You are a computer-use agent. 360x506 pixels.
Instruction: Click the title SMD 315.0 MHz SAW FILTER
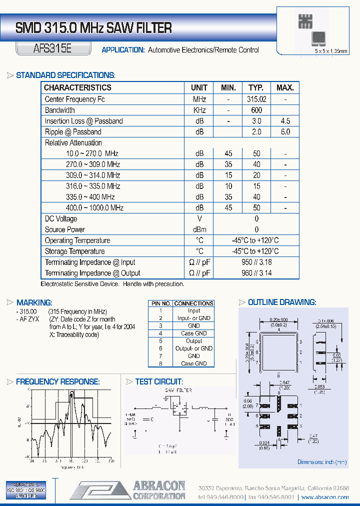(x=93, y=28)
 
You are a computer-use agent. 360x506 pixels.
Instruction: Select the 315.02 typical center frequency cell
(x=256, y=99)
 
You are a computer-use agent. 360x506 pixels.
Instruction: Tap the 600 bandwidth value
(x=256, y=110)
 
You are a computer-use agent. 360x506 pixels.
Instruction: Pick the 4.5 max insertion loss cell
(x=285, y=121)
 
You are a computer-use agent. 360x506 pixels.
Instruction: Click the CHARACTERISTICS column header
(x=77, y=87)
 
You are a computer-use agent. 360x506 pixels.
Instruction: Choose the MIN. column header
(x=228, y=87)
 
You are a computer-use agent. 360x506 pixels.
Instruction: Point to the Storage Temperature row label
(x=74, y=251)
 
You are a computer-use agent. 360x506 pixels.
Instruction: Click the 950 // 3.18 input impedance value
(x=256, y=262)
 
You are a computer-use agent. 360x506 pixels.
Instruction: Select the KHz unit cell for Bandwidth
(x=199, y=110)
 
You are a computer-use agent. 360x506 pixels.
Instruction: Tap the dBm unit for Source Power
(x=199, y=229)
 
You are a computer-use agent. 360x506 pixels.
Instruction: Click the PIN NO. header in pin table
(x=160, y=303)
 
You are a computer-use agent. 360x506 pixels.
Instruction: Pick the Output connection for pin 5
(x=194, y=341)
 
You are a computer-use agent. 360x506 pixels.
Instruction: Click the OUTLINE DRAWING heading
(x=281, y=302)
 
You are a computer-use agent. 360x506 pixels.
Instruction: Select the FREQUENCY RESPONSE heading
(x=57, y=381)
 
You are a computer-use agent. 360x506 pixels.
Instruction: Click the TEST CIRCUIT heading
(x=158, y=381)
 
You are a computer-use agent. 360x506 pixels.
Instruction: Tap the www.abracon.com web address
(x=325, y=497)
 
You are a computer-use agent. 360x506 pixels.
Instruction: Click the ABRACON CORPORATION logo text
(x=158, y=490)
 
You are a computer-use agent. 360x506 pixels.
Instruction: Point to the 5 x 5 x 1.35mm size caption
(x=330, y=51)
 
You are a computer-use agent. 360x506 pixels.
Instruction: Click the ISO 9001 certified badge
(x=25, y=490)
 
